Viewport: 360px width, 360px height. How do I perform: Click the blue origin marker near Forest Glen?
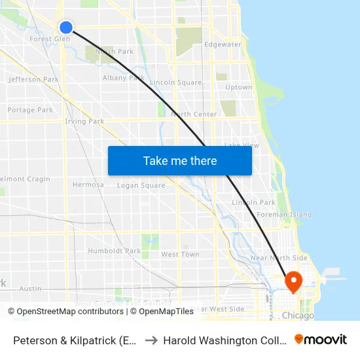tap(66, 27)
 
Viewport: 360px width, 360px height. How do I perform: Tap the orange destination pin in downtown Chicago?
tap(293, 281)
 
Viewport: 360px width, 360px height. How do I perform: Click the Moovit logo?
tap(321, 340)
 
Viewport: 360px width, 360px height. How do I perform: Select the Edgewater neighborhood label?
tap(223, 45)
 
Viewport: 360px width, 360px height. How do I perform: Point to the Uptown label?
tap(238, 87)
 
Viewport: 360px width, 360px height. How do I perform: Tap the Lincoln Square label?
tap(175, 82)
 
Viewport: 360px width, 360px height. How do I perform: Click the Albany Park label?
tap(124, 77)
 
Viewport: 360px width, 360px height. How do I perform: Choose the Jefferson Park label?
tap(33, 79)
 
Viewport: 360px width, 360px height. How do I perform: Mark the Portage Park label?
tap(30, 110)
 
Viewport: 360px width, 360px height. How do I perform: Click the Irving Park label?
tap(84, 121)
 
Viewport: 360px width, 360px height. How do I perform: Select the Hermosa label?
tap(88, 185)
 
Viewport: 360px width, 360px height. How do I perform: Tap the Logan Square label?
tap(141, 185)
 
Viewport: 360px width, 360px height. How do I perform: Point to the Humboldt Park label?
tap(114, 251)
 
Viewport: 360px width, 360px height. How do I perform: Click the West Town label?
tap(180, 255)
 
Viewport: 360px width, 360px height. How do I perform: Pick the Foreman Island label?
tap(284, 215)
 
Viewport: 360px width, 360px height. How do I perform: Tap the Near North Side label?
tap(279, 258)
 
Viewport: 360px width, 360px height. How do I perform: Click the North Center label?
tap(194, 115)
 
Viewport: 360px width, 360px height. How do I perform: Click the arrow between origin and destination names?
tap(150, 340)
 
